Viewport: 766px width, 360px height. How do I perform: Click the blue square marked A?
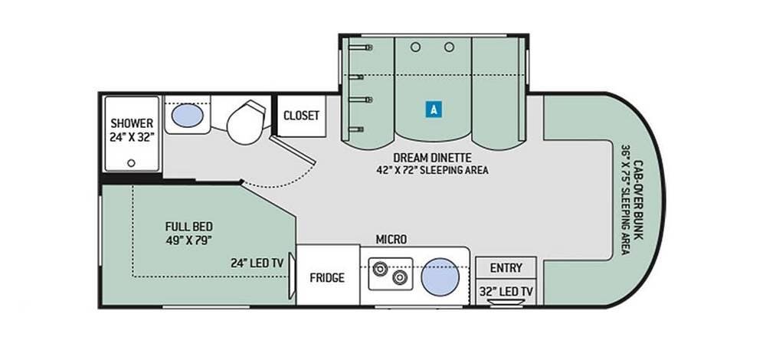coord(434,109)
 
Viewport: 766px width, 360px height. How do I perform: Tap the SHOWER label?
coord(132,123)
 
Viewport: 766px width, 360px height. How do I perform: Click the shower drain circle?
coord(131,162)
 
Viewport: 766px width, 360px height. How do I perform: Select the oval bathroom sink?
coord(186,116)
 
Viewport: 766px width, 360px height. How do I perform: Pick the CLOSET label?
coord(301,116)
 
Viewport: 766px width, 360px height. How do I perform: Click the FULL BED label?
coord(188,227)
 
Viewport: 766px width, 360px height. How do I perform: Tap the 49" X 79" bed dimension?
coord(188,240)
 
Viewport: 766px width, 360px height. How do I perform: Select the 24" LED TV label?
coord(256,263)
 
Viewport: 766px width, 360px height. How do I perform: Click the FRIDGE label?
coord(326,277)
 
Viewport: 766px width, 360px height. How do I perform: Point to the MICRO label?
coord(391,240)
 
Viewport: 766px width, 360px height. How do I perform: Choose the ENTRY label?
coord(506,268)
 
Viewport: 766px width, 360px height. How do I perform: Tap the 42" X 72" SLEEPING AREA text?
coord(433,170)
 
